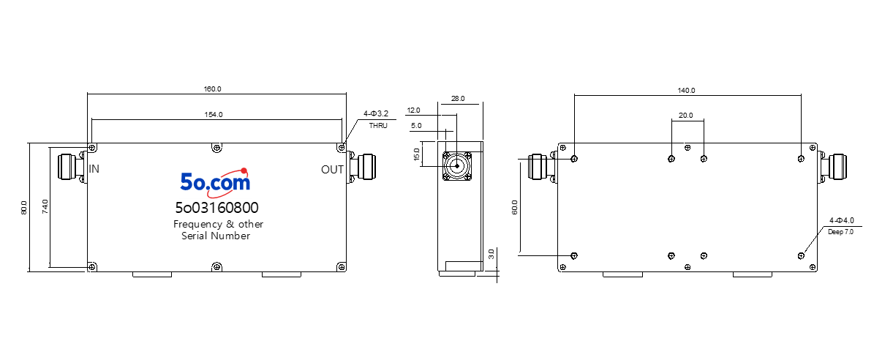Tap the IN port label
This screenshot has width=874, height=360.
(x=94, y=168)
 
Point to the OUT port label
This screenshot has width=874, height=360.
(x=332, y=170)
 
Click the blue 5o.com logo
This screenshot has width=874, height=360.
(x=215, y=181)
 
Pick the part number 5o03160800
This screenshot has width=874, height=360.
(x=216, y=208)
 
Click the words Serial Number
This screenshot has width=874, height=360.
(x=216, y=236)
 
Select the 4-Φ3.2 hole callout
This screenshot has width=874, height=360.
(x=375, y=113)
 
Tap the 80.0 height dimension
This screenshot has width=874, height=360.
(x=23, y=207)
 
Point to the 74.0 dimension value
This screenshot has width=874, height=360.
(x=45, y=207)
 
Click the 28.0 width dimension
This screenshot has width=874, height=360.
(x=458, y=99)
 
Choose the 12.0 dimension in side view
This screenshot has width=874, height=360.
(x=413, y=110)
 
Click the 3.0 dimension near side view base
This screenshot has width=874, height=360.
(x=491, y=254)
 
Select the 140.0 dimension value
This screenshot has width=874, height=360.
(x=687, y=90)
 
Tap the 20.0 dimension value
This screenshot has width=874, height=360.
(x=685, y=116)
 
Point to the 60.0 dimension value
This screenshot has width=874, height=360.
(x=514, y=207)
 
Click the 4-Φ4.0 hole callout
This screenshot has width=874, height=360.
(x=842, y=221)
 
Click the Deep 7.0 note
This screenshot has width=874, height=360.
(x=840, y=232)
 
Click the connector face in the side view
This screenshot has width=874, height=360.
(x=456, y=165)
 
